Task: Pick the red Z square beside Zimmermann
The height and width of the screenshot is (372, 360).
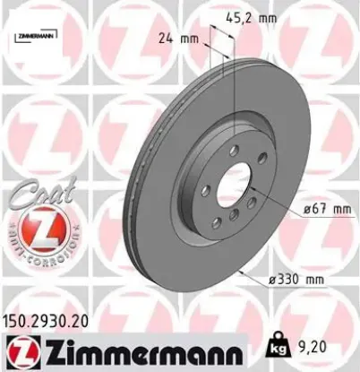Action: [18, 350]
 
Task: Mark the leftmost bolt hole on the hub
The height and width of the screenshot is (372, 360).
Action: [194, 190]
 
